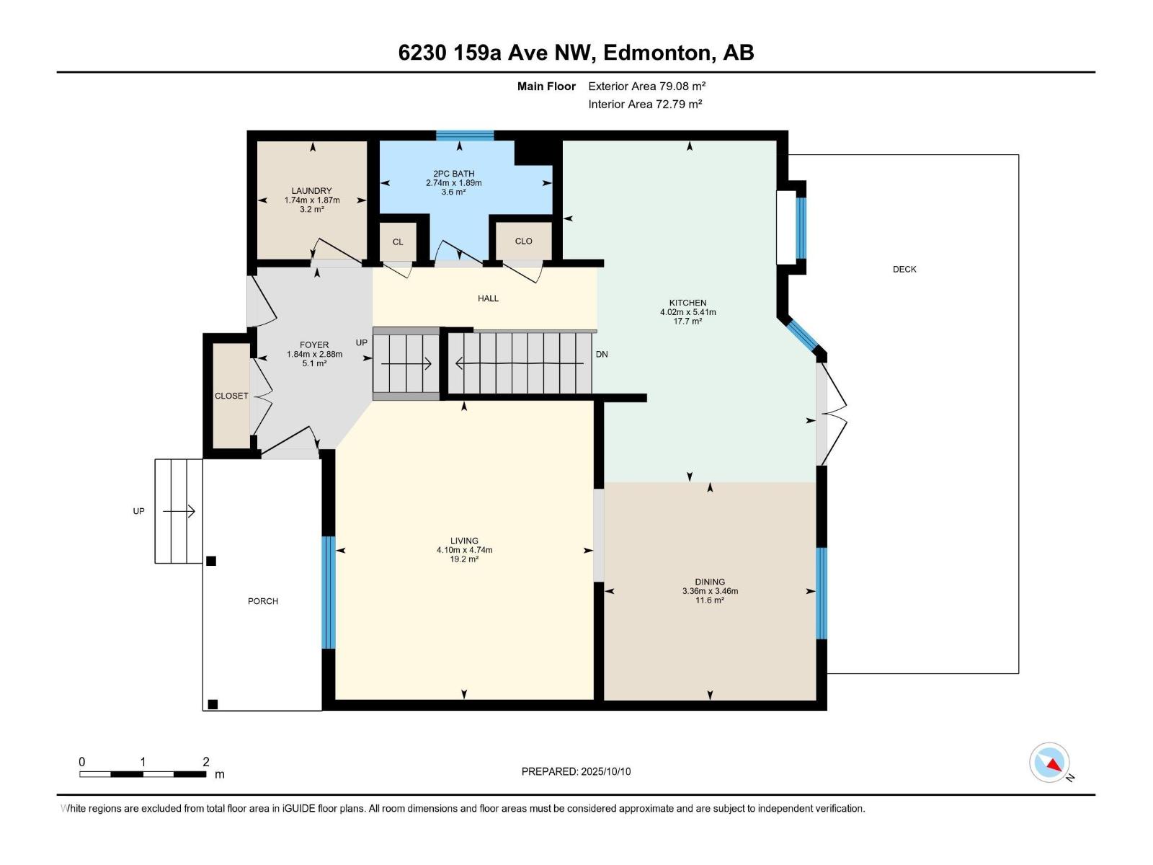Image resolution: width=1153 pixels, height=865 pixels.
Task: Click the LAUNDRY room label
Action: [311, 191]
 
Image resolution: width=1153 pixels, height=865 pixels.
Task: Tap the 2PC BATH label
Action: [453, 174]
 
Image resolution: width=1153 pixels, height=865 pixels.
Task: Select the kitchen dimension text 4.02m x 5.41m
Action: [687, 312]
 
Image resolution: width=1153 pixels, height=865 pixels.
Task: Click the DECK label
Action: [904, 269]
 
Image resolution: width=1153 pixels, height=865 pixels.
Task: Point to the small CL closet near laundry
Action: [398, 242]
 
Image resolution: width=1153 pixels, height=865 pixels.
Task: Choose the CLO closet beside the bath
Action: [523, 241]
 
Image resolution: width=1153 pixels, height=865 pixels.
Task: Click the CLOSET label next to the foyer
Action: [231, 396]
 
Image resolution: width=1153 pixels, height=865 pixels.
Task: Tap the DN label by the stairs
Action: [602, 354]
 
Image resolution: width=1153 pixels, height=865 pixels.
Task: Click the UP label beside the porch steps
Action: [138, 511]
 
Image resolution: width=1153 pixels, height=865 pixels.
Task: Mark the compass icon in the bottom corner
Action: [1049, 763]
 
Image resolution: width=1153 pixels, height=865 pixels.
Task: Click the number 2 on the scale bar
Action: [206, 762]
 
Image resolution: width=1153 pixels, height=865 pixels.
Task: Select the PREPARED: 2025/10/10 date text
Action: [576, 771]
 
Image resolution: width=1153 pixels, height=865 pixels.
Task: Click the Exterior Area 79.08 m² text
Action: [646, 86]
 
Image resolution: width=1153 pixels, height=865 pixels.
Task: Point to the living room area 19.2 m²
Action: [464, 559]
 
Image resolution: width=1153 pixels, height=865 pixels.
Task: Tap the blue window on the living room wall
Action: [329, 593]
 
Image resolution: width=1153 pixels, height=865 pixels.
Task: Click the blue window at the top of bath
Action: [465, 135]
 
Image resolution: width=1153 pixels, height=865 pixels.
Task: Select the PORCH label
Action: [262, 601]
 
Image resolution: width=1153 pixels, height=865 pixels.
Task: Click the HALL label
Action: [488, 298]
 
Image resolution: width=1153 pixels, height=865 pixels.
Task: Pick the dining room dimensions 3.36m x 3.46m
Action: [710, 591]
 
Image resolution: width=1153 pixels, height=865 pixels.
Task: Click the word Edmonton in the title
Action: [655, 53]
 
